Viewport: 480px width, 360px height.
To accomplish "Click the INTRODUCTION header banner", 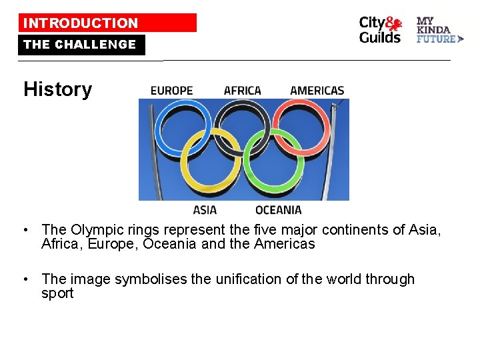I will pyautogui.click(x=107, y=23).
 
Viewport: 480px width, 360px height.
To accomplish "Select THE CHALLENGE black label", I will pyautogui.click(x=81, y=45).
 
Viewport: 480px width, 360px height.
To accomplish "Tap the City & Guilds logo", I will pyautogui.click(x=381, y=30).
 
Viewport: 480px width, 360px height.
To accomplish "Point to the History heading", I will pyautogui.click(x=57, y=89).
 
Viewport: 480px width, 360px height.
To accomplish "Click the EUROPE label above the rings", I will pyautogui.click(x=171, y=91).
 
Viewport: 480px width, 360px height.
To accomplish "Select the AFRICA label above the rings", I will pyautogui.click(x=243, y=91).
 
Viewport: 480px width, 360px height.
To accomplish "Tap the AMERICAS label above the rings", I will pyautogui.click(x=317, y=91).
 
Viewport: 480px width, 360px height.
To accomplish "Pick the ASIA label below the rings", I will pyautogui.click(x=205, y=210).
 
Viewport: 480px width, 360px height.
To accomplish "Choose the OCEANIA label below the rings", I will pyautogui.click(x=279, y=210).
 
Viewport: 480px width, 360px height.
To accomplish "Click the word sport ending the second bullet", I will pyautogui.click(x=57, y=294).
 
